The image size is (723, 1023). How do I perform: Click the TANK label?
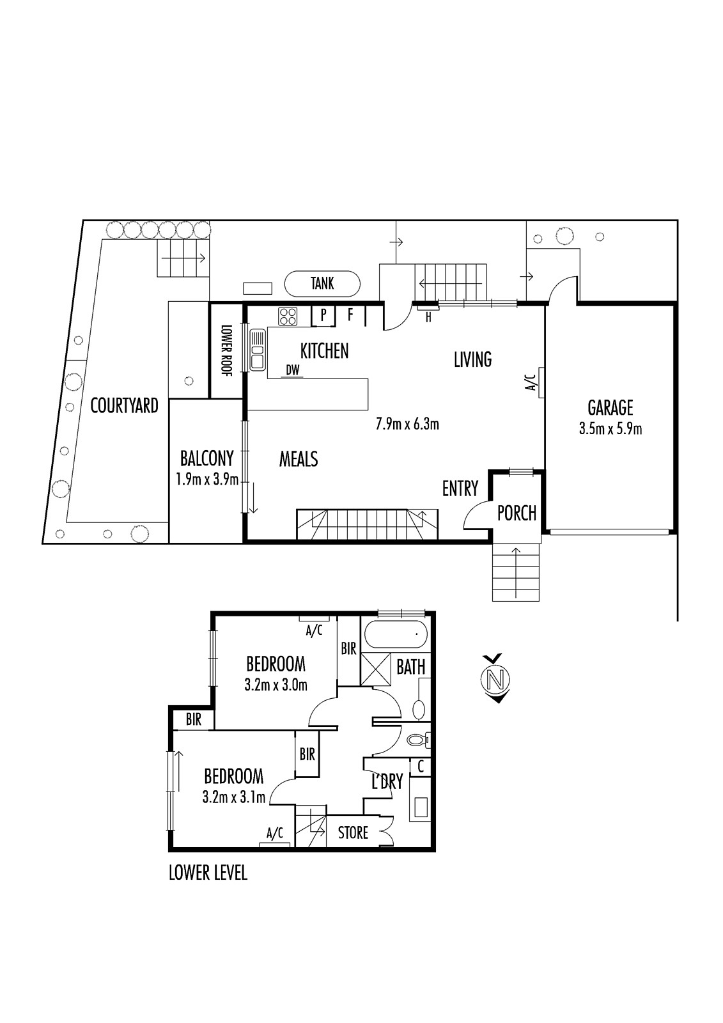point(322,284)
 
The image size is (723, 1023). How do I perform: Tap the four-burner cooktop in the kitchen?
point(288,316)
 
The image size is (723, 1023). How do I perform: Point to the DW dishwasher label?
point(293,370)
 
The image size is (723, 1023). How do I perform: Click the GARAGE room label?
point(610,407)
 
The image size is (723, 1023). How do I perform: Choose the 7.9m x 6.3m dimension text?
point(407,425)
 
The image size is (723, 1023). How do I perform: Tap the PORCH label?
point(517,513)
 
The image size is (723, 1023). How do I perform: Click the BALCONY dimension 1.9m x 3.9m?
point(207,480)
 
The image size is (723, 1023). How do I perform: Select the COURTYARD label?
point(124,405)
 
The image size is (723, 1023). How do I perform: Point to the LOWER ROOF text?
point(226,350)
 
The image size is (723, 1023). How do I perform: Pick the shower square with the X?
point(375,669)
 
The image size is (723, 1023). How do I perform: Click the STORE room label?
point(353,832)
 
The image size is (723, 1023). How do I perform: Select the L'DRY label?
point(387,783)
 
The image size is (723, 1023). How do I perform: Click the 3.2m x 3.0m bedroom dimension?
point(276,685)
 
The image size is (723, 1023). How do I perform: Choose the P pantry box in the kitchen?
point(323,316)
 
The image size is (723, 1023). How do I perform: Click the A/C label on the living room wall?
point(531,382)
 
